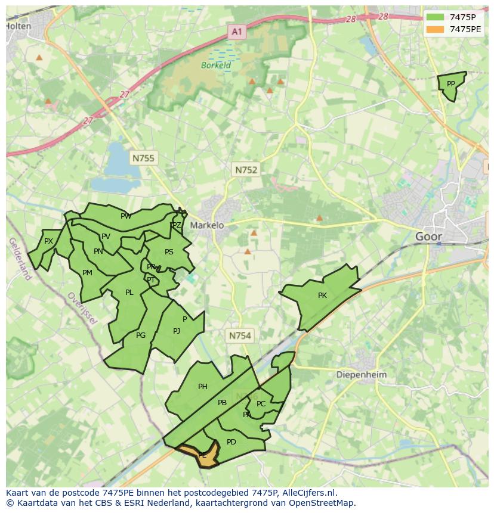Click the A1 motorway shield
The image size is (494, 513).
click(237, 32)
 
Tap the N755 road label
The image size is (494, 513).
click(143, 158)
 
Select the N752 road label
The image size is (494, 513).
click(246, 170)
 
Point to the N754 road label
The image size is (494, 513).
click(240, 336)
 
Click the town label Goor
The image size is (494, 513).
click(428, 237)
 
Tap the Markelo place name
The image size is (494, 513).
click(207, 225)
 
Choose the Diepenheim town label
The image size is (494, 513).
click(362, 375)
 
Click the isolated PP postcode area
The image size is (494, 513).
click(451, 85)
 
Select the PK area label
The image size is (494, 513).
click(322, 296)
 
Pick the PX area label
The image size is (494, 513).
click(49, 241)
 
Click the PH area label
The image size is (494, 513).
click(203, 387)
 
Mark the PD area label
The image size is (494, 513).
click(231, 442)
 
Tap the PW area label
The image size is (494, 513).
click(125, 216)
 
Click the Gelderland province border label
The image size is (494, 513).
click(20, 259)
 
